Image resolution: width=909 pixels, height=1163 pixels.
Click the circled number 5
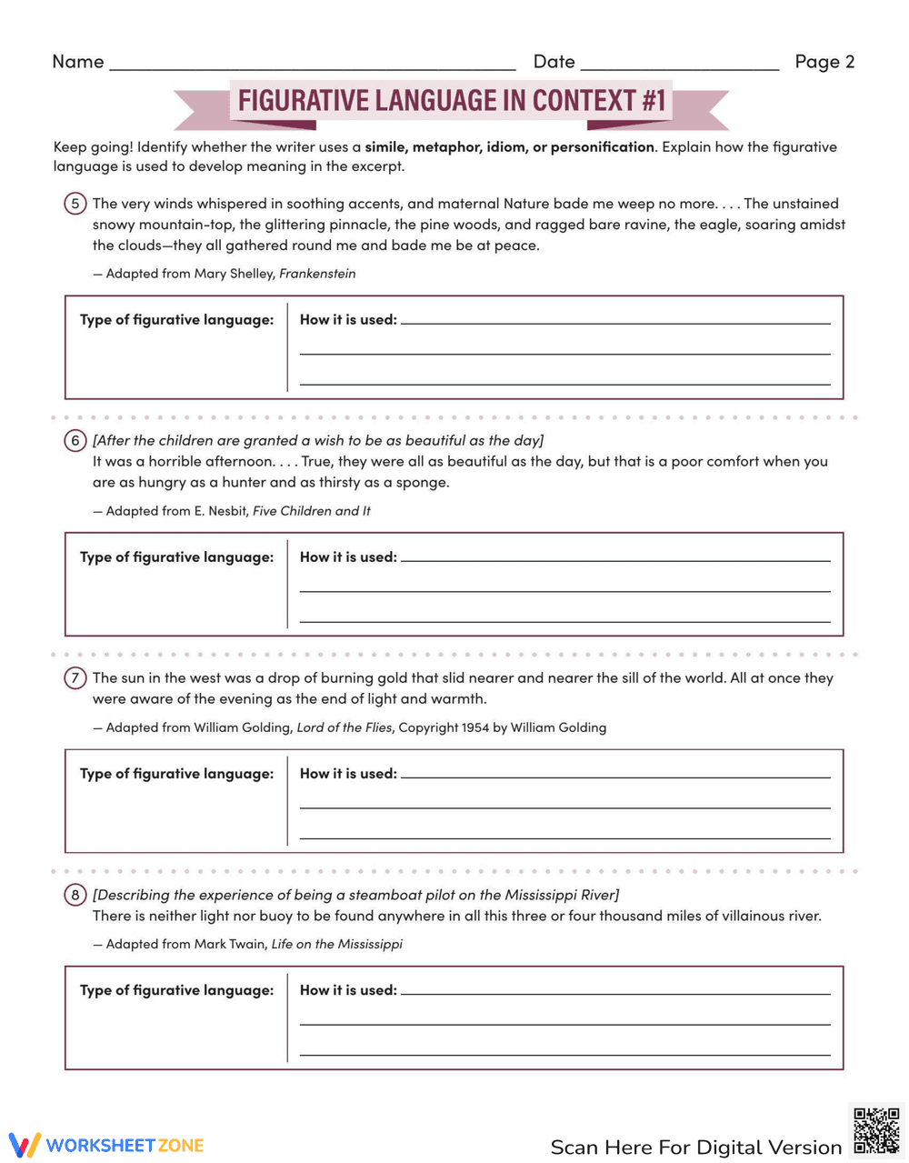pos(75,204)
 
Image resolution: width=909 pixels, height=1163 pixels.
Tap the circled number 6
pos(75,441)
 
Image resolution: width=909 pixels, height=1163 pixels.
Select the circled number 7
pos(75,678)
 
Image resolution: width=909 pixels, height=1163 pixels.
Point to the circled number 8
pos(75,896)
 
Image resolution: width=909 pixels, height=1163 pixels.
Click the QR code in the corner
pos(876,1130)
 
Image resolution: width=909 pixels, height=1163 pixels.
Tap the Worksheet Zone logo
pos(106,1145)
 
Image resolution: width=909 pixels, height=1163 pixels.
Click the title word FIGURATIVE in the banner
pos(304,100)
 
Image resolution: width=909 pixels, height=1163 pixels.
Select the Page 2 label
pos(824,62)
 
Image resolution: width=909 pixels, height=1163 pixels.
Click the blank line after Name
pos(312,65)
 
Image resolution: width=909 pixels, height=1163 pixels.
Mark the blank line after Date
pos(679,65)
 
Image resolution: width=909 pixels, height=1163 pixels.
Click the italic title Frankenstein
pos(317,274)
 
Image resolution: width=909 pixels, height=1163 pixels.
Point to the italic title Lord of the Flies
pos(345,727)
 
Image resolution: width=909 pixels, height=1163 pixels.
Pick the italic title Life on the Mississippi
pos(336,944)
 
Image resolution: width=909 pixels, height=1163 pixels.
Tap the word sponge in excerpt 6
pos(422,483)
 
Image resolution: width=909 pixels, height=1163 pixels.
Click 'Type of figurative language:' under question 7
pos(176,774)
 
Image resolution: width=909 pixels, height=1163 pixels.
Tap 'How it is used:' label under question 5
pos(348,320)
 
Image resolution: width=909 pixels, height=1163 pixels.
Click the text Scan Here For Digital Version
pos(695,1148)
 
